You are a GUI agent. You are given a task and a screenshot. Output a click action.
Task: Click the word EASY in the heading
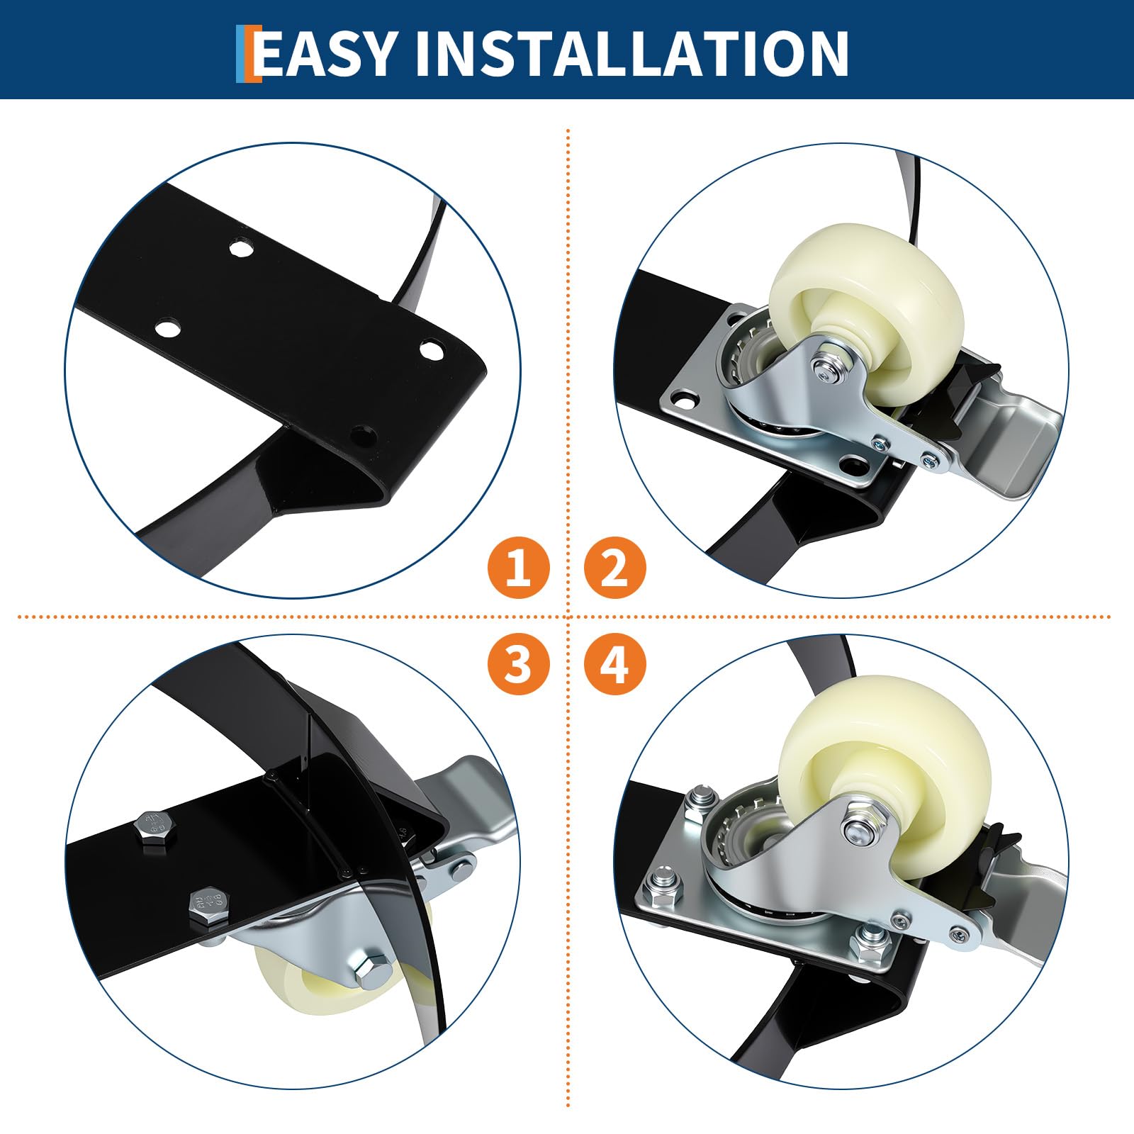coord(325,53)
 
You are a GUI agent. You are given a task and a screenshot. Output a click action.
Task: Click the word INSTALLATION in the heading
coord(632,53)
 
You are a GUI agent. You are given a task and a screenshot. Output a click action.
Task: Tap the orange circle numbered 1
coord(518,567)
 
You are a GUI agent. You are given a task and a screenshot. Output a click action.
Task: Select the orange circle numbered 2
coord(614,567)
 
